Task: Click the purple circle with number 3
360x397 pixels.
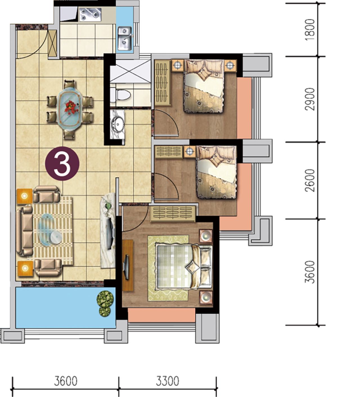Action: coord(62,164)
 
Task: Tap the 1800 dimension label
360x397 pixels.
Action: coord(309,30)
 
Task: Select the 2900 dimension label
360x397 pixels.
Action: coord(309,99)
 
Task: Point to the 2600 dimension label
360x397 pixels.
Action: coord(309,180)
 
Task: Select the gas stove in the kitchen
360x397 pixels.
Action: coord(90,15)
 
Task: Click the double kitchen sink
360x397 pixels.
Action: coord(125,39)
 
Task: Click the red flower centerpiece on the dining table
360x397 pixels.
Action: coord(70,108)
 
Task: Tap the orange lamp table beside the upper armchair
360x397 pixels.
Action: coord(24,196)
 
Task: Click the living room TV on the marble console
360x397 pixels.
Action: coord(111,233)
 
